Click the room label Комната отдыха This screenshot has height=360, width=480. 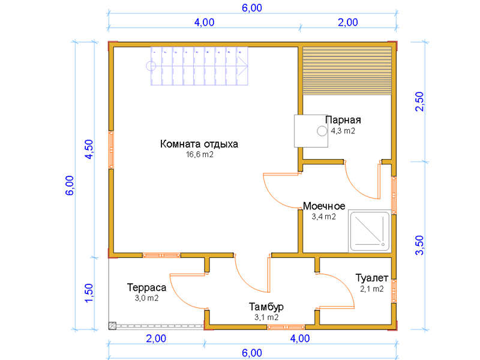tap(199, 144)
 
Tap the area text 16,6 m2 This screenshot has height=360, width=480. tap(200, 155)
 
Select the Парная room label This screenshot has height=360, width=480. tap(343, 119)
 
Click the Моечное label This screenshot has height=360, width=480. tap(324, 206)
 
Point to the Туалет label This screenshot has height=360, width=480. tap(371, 278)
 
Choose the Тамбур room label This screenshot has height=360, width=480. tap(266, 307)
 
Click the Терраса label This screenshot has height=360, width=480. tap(146, 287)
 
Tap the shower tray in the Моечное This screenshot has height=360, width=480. tap(370, 231)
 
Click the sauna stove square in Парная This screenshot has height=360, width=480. tap(311, 131)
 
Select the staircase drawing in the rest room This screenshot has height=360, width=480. tap(199, 66)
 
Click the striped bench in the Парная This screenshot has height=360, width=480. tap(347, 71)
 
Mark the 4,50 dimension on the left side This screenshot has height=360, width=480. tap(89, 149)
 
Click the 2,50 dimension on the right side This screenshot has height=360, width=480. tap(419, 101)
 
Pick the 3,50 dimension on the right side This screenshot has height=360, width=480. tap(419, 245)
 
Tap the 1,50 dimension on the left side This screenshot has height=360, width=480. tap(89, 293)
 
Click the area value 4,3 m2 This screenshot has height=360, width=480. tap(343, 131)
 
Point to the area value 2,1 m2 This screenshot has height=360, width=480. tap(371, 289)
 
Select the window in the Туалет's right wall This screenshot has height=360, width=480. tap(394, 291)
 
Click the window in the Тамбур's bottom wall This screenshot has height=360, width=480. tap(286, 327)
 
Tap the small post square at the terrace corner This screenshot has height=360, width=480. tap(112, 326)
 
